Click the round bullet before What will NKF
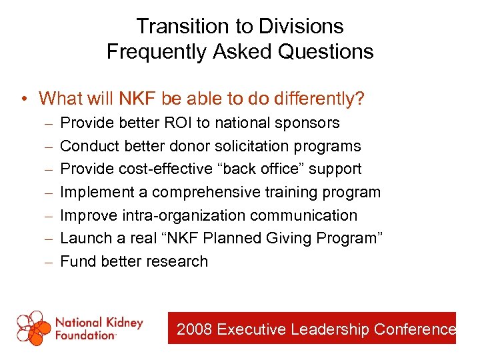tap(23, 99)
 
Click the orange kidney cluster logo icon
tap(33, 327)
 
